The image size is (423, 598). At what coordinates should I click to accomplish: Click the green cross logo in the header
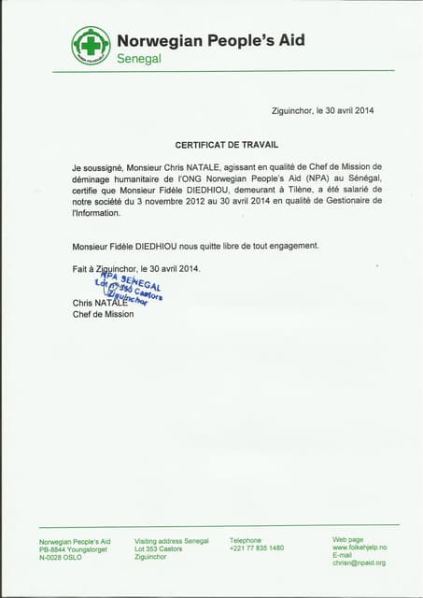click(x=91, y=45)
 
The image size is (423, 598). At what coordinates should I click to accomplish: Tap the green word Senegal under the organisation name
click(x=139, y=59)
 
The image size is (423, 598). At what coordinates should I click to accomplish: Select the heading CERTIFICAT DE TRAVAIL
click(x=227, y=145)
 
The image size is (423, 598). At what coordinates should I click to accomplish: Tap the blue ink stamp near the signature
click(x=129, y=291)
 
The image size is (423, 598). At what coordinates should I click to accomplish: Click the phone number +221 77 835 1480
click(x=257, y=548)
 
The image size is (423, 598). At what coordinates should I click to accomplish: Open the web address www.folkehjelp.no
click(x=359, y=548)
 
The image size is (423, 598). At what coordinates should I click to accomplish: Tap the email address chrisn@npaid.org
click(x=359, y=562)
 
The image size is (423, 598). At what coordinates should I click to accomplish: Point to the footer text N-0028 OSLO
click(x=61, y=557)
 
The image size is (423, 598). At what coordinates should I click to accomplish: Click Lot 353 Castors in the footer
click(x=159, y=548)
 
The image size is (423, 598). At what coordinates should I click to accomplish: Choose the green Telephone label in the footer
click(x=246, y=540)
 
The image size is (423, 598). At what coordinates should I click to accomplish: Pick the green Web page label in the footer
click(x=349, y=540)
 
